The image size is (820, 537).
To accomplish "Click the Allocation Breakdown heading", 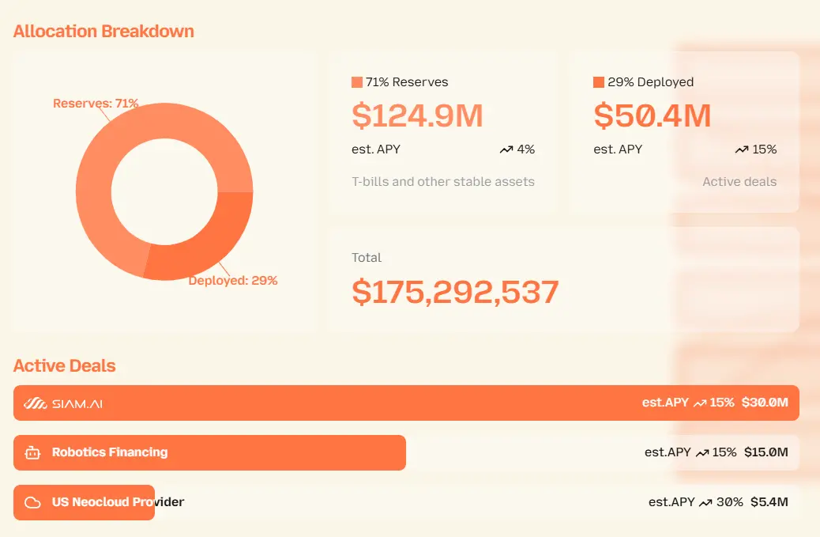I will pos(103,32).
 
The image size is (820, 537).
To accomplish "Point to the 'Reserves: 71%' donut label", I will pos(96,103).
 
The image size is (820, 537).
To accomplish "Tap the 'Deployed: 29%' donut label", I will pos(233,281).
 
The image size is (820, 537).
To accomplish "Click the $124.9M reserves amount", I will pos(417,116).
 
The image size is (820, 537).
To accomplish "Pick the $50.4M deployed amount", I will pos(653,116).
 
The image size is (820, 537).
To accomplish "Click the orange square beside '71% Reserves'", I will pos(357,82).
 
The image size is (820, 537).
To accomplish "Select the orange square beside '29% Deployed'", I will pos(599,82).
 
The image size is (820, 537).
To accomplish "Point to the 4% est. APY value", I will pos(525,149).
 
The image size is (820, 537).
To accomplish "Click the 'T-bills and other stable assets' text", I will pos(443,182).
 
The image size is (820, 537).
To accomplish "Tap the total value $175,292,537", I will pos(455,293).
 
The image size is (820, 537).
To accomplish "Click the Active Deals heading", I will pos(65,366).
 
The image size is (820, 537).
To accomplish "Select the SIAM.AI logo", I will pos(63,403).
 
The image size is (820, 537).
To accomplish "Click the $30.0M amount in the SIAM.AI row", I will pos(765,403).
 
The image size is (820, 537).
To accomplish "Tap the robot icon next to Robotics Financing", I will pos(32,453).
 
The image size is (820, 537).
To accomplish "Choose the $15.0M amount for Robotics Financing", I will pos(766,452).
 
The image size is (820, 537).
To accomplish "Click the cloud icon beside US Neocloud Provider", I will pos(32,502).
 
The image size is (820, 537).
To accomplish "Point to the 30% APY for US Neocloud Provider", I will pos(729,501).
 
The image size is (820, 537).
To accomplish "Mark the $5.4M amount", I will pos(769,501).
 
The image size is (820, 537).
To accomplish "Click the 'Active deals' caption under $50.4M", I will pos(739,182).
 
